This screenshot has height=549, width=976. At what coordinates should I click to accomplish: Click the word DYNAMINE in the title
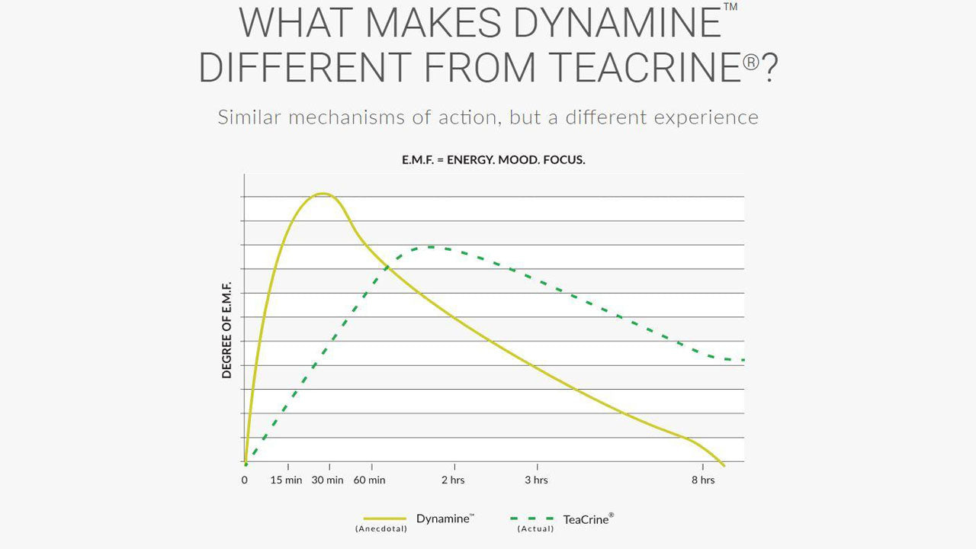616,23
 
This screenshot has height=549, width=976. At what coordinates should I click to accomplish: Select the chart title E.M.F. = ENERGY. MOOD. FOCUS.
493,161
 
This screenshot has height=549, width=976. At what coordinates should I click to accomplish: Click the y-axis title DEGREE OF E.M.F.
227,328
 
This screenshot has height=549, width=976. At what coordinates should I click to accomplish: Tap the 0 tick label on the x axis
245,480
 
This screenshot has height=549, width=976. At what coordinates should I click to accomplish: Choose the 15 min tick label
287,480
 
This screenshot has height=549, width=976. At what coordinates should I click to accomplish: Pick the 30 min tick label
327,480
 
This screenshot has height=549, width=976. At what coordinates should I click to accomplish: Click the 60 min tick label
369,480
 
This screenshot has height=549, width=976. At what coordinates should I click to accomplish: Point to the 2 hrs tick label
453,480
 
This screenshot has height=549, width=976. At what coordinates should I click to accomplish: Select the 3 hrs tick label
536,480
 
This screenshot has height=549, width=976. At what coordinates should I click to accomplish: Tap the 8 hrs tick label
703,480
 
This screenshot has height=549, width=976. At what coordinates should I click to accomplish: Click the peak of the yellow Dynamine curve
323,194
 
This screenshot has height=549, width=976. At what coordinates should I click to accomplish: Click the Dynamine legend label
444,518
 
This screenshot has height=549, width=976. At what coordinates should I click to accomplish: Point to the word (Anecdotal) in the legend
381,528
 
